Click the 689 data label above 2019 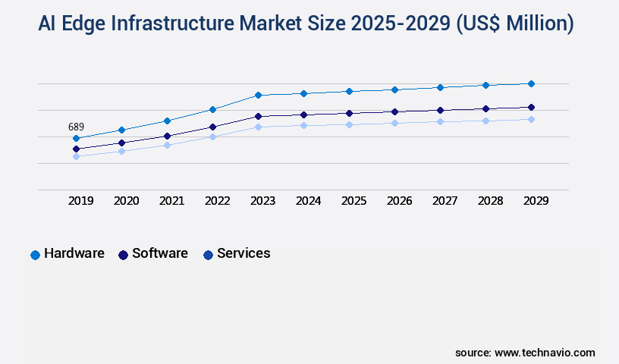pyautogui.click(x=76, y=127)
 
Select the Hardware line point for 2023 pyautogui.click(x=258, y=95)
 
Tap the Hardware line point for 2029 pyautogui.click(x=531, y=83)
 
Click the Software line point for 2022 pyautogui.click(x=212, y=127)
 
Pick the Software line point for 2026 pyautogui.click(x=394, y=111)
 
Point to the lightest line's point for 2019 pyautogui.click(x=76, y=157)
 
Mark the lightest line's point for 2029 pyautogui.click(x=531, y=119)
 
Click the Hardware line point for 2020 pyautogui.click(x=121, y=130)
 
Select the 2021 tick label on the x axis pyautogui.click(x=171, y=201)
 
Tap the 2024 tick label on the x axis pyautogui.click(x=308, y=201)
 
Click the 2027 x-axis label pyautogui.click(x=445, y=201)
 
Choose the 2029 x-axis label pyautogui.click(x=536, y=201)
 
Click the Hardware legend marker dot pyautogui.click(x=35, y=255)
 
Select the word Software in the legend pyautogui.click(x=159, y=253)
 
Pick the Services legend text pyautogui.click(x=244, y=253)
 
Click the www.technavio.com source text pyautogui.click(x=545, y=353)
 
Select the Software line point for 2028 pyautogui.click(x=485, y=108)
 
